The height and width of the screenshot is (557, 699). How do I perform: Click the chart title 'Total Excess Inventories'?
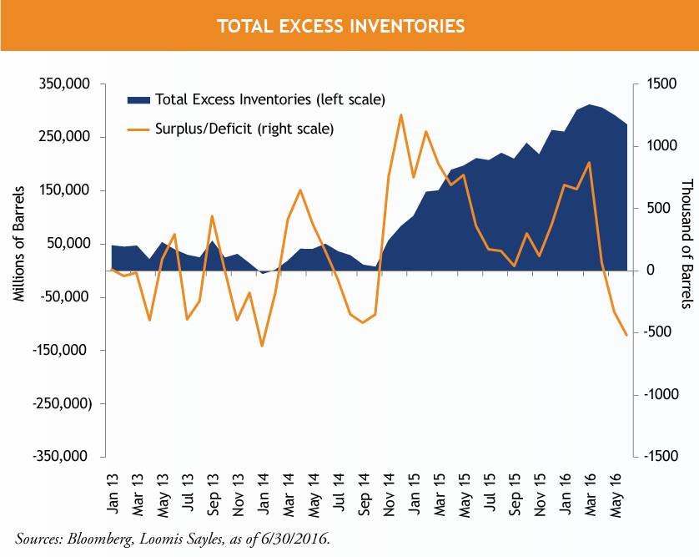(340, 27)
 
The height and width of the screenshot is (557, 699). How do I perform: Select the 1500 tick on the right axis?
(657, 84)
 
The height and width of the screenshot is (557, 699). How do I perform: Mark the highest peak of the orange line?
(401, 115)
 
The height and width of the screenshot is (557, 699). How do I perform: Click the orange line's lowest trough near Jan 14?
(262, 346)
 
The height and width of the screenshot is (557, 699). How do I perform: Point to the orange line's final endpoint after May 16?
(626, 335)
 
